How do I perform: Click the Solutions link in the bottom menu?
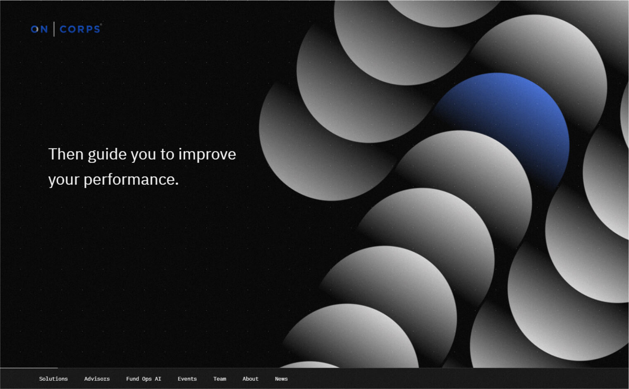(x=53, y=379)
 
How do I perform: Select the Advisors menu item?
(x=97, y=379)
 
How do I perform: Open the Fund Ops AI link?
(x=143, y=379)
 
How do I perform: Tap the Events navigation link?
(x=187, y=379)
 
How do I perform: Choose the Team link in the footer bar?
(x=220, y=379)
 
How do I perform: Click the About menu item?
(x=250, y=379)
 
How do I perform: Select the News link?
(x=281, y=379)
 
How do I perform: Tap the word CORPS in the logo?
(x=80, y=29)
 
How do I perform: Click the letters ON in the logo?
(x=39, y=29)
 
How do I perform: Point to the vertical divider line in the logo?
(x=54, y=29)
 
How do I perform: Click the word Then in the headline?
(x=66, y=154)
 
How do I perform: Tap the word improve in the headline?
(x=207, y=155)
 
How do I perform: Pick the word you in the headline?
(x=143, y=156)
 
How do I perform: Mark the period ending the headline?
(x=177, y=184)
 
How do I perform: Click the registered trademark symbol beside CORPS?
(x=101, y=25)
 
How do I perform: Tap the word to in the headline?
(x=167, y=155)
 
